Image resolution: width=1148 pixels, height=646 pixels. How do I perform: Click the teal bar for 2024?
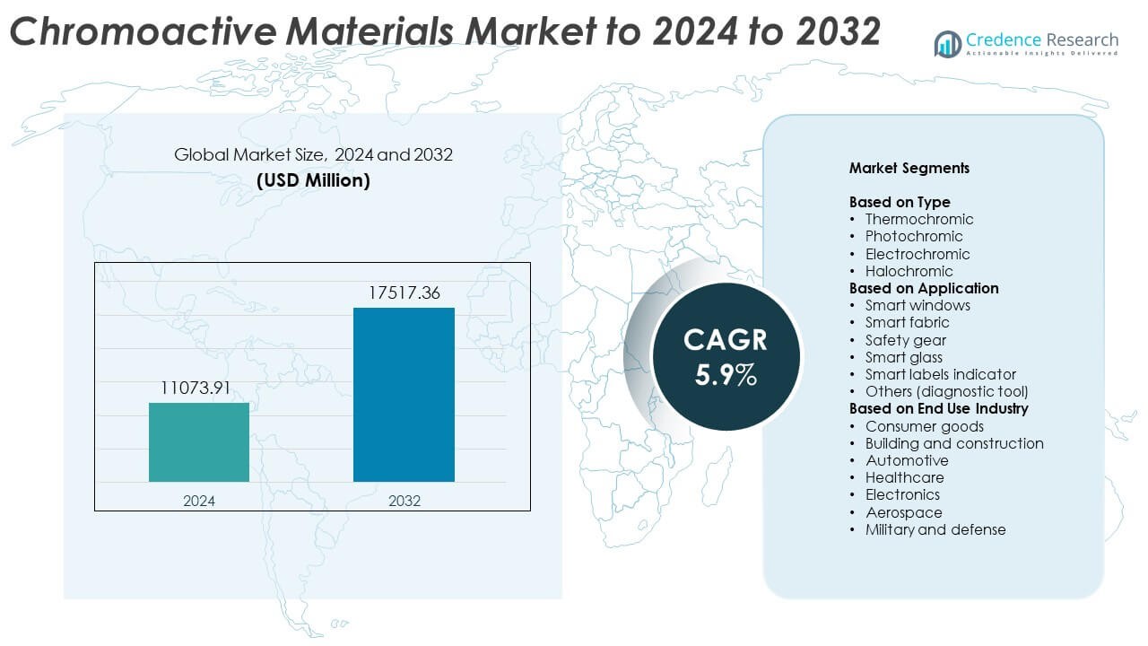[199, 442]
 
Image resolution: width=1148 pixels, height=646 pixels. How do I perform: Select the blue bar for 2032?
[404, 395]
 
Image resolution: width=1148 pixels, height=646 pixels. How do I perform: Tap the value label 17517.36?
[404, 293]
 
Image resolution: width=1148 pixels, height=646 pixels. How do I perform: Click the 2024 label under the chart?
[199, 501]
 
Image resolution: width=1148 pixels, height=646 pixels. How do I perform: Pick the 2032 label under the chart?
[404, 501]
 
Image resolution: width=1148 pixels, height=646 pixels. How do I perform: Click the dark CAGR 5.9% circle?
[726, 356]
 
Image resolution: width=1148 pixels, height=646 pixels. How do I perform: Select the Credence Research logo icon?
[947, 42]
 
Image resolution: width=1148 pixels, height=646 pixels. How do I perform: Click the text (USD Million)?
[313, 179]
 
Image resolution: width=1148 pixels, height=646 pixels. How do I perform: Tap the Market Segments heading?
[909, 168]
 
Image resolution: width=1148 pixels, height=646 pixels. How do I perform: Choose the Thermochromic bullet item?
[918, 219]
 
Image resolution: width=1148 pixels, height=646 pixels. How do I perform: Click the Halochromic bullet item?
[909, 271]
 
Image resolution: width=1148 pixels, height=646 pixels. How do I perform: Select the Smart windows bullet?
[918, 305]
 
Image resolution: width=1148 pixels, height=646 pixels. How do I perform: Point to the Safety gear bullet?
[905, 340]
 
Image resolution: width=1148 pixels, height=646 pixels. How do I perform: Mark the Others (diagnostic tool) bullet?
[946, 391]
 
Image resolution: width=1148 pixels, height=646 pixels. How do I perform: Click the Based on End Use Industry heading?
[938, 408]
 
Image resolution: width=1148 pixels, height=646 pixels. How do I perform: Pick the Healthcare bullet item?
[904, 477]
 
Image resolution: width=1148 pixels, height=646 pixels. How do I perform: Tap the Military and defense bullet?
[935, 529]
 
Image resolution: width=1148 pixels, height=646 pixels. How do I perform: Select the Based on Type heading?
[900, 202]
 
